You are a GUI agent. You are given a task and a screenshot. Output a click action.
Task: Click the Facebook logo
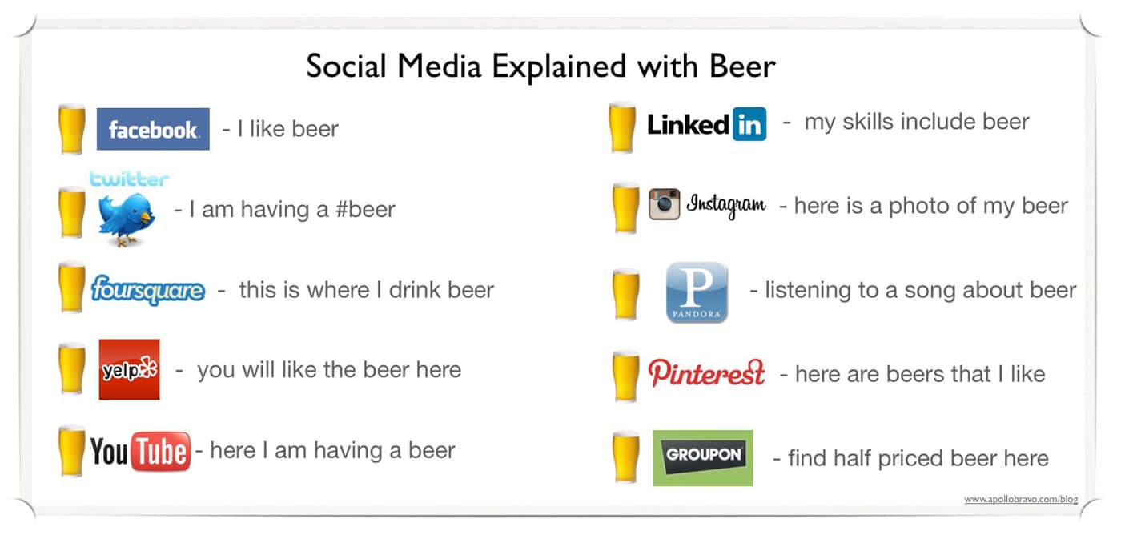(153, 129)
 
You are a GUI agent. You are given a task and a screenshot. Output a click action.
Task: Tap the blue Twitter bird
(127, 219)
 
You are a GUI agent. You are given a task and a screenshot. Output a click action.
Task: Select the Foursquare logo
(148, 289)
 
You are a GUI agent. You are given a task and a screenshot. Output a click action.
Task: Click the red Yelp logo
(129, 369)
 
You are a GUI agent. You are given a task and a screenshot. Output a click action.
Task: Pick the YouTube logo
(140, 452)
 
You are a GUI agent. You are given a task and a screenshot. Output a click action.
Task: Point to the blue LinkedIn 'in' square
(749, 124)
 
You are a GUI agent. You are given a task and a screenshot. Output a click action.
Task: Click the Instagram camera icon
(664, 204)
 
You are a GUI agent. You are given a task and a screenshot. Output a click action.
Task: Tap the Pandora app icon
(697, 292)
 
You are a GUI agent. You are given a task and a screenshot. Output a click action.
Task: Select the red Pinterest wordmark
(706, 373)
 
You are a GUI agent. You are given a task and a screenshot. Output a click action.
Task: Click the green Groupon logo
(703, 458)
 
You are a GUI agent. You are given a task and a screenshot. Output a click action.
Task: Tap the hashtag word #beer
(365, 209)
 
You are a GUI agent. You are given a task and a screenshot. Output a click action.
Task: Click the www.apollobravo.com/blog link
(1021, 499)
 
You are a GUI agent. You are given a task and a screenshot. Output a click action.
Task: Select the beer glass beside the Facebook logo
(72, 129)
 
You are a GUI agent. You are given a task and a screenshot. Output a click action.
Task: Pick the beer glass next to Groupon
(625, 457)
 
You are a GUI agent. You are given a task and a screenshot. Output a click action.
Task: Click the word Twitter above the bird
(129, 179)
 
